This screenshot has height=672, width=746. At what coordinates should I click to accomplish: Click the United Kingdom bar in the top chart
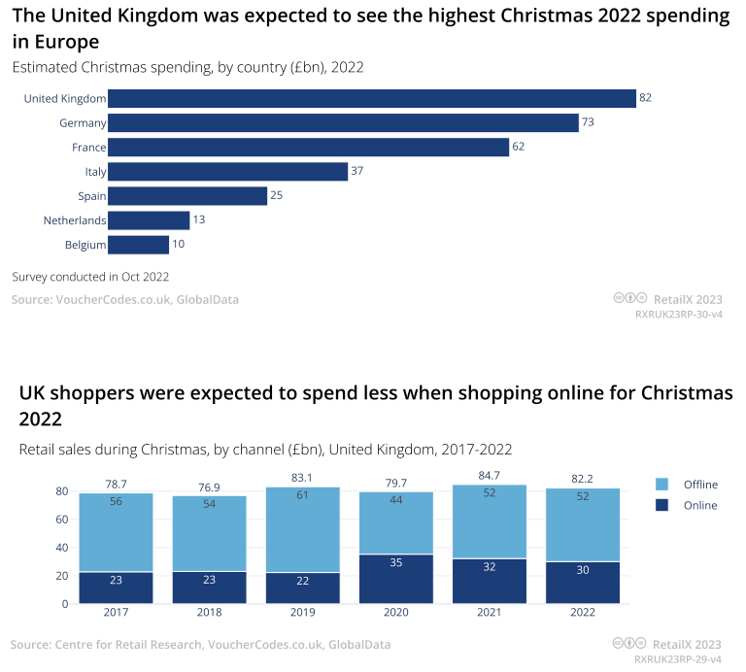(x=371, y=98)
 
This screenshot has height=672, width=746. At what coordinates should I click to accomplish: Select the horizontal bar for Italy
(x=227, y=172)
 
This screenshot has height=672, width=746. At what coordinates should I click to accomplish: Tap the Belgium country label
(x=85, y=245)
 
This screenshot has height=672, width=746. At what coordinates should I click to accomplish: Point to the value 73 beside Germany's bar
(x=588, y=123)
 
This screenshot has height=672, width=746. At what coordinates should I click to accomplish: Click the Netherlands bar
(x=149, y=220)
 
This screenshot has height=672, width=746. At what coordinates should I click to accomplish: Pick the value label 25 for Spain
(x=277, y=196)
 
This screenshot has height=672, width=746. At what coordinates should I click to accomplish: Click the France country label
(x=88, y=148)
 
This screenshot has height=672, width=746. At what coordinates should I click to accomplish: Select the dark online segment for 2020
(x=396, y=579)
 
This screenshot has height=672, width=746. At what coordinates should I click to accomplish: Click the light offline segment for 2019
(x=303, y=529)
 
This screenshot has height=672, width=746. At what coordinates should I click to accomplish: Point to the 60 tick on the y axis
(x=60, y=520)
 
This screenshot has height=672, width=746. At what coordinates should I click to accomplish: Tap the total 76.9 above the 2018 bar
(x=210, y=487)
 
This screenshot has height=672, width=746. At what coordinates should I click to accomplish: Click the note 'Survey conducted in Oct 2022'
(x=90, y=277)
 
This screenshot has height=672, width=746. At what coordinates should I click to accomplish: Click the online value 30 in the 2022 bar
(x=583, y=570)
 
